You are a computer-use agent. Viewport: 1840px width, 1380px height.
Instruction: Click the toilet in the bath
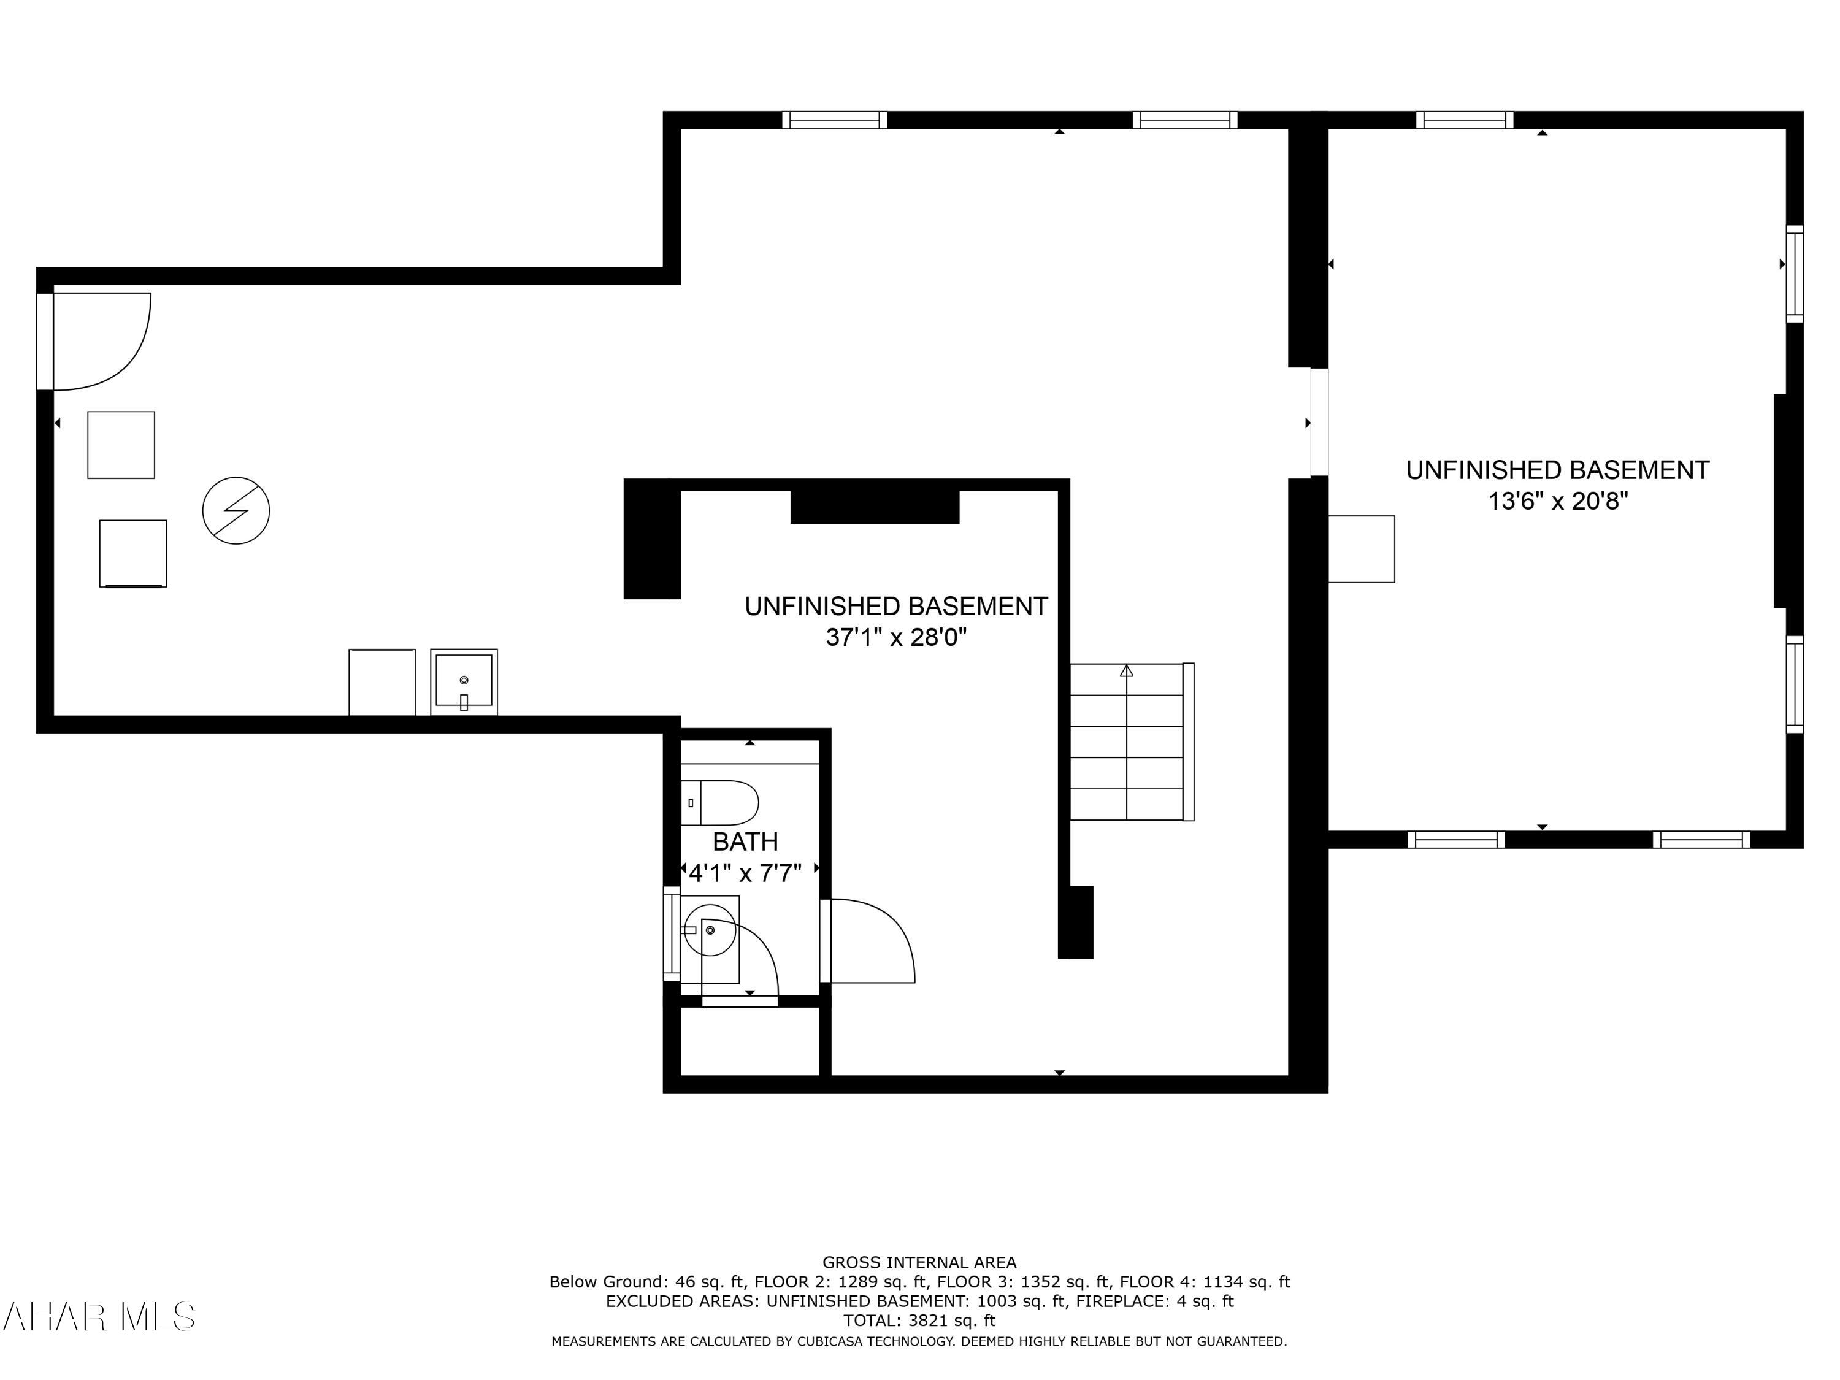(x=721, y=803)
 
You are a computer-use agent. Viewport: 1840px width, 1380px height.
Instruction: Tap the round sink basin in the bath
(x=710, y=930)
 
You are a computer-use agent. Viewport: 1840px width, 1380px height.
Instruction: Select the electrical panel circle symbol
(x=236, y=511)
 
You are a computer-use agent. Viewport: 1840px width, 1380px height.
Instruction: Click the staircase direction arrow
(x=1126, y=670)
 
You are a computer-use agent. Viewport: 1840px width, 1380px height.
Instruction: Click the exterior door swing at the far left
(x=100, y=341)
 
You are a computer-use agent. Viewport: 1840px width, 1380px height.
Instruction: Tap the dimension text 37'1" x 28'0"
(x=896, y=638)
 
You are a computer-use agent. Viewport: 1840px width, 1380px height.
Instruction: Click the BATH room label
(x=745, y=842)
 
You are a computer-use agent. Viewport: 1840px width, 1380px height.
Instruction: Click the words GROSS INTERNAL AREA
(x=919, y=1263)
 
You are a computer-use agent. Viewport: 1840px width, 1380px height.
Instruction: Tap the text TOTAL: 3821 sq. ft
(x=919, y=1320)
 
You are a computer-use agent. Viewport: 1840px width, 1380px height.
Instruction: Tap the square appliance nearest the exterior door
(x=121, y=445)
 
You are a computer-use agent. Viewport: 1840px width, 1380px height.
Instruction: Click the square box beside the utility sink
(x=382, y=682)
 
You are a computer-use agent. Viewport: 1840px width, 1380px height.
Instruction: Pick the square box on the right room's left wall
(x=1361, y=549)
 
